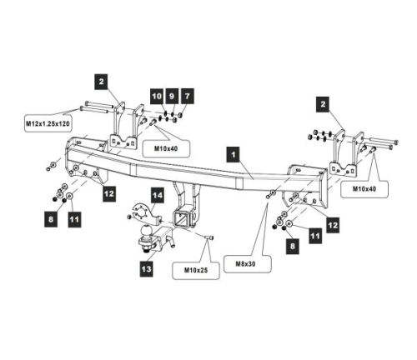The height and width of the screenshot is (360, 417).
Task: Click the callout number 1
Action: click(233, 155)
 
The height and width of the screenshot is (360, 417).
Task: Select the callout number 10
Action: click(157, 97)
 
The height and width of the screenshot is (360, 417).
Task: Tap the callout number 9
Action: click(172, 97)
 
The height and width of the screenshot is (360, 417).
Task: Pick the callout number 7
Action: click(187, 97)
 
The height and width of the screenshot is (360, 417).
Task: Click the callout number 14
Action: click(158, 196)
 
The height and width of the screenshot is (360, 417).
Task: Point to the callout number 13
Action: click(147, 269)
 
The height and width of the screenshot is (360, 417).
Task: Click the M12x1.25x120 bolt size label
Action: click(48, 123)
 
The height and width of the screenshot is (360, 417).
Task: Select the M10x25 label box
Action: click(196, 270)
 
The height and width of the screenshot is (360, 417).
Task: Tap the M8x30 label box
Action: click(248, 264)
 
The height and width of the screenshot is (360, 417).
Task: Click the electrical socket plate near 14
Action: click(143, 212)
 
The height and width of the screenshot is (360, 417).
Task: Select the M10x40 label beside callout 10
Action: click(166, 149)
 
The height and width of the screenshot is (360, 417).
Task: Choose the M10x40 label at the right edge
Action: click(364, 189)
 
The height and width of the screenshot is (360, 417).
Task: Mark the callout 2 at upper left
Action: click(101, 82)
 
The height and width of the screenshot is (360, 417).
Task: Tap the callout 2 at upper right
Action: click(323, 105)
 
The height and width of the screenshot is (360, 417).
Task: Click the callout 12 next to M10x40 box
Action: click(333, 225)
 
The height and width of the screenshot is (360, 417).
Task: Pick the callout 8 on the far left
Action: click(51, 220)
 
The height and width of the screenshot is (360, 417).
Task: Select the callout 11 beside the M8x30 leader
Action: click(315, 237)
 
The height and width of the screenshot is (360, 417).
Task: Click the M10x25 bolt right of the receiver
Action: click(209, 237)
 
